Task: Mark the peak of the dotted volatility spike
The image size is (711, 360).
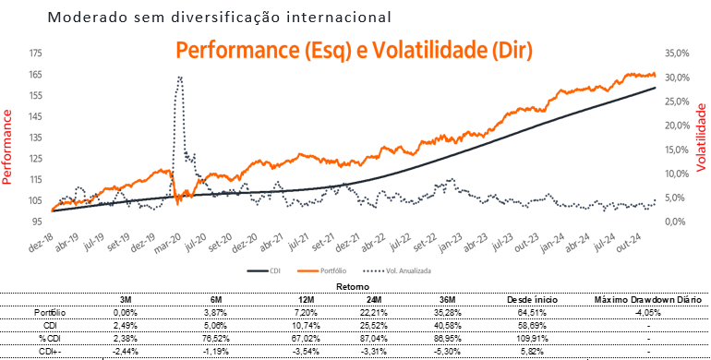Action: tap(179, 78)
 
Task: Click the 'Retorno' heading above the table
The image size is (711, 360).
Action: tap(355, 286)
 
